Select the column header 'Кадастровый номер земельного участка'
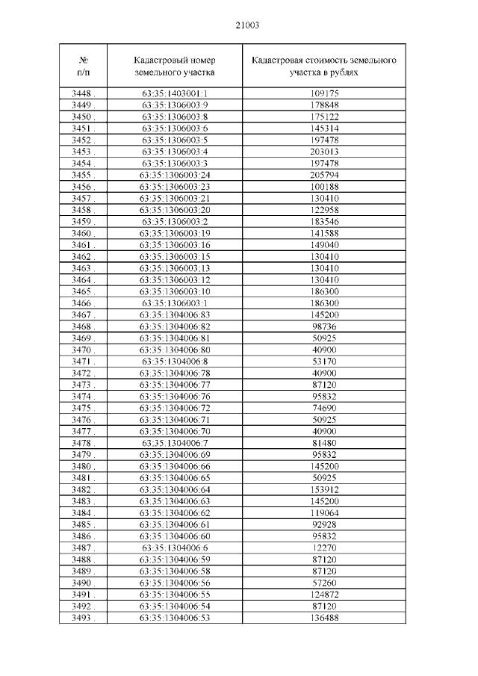[x=175, y=66]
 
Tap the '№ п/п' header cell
[x=84, y=66]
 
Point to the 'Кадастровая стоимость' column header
[x=324, y=66]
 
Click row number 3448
[x=82, y=94]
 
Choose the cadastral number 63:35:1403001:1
[x=175, y=94]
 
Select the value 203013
[x=324, y=152]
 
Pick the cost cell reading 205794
[x=324, y=175]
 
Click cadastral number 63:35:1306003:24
[x=175, y=175]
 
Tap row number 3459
[x=82, y=221]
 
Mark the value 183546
[x=324, y=221]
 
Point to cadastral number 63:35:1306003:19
[x=175, y=233]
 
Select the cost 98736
[x=324, y=326]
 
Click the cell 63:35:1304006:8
[x=175, y=361]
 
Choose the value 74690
[x=324, y=408]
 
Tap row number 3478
[x=82, y=442]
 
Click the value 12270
[x=324, y=548]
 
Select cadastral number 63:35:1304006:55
[x=175, y=594]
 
